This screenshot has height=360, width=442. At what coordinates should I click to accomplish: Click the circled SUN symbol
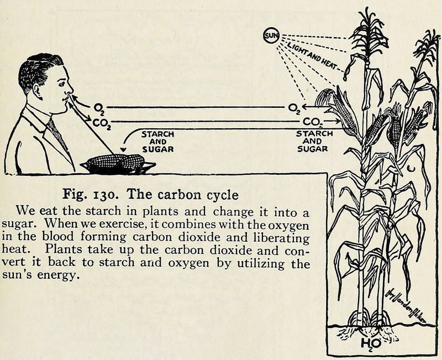tap(271, 35)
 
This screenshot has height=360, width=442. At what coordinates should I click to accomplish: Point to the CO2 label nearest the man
tap(102, 123)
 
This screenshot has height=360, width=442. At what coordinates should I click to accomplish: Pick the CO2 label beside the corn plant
tap(312, 122)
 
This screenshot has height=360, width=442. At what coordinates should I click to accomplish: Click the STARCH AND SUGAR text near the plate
tap(158, 142)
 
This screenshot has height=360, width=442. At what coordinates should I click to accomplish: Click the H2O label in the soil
tap(371, 343)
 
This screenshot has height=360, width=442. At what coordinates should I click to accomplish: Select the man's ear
tap(38, 91)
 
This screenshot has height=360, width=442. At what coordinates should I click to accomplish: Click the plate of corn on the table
tap(118, 164)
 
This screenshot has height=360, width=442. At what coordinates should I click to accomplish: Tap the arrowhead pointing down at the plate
tap(123, 149)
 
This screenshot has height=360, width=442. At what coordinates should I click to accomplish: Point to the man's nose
tap(71, 91)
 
